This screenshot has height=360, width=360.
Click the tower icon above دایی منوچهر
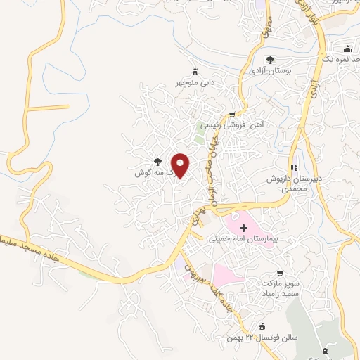[x=195, y=72]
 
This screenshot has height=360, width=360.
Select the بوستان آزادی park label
[x=269, y=72]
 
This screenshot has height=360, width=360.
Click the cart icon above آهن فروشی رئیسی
[x=232, y=113]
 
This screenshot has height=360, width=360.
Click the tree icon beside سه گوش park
[x=157, y=161]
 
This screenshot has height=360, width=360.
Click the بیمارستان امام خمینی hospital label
[x=243, y=239]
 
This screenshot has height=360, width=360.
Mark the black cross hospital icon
[x=243, y=228]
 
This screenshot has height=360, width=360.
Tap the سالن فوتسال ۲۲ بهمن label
[x=263, y=337]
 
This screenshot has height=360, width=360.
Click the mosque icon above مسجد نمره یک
[x=348, y=49]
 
